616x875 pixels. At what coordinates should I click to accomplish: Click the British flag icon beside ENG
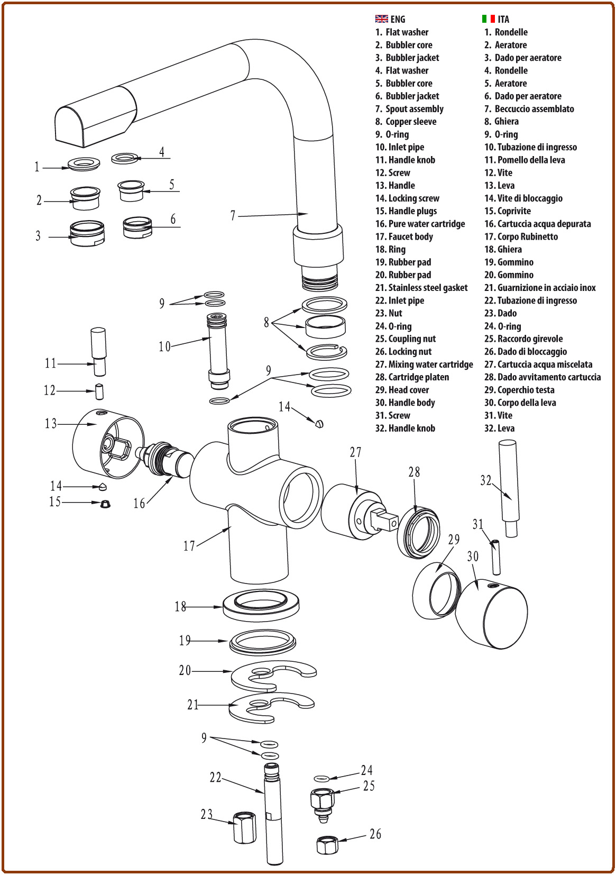pos(381,19)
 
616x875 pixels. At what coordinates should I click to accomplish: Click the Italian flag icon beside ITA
pos(488,19)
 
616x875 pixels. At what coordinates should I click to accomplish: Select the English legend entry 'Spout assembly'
pos(414,109)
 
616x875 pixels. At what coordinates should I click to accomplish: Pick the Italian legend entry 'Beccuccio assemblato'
pos(534,109)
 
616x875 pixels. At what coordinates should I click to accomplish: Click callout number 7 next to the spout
pos(233,215)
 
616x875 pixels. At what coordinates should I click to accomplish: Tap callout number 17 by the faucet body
pos(189,546)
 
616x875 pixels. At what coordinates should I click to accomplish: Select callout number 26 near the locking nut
pos(375,834)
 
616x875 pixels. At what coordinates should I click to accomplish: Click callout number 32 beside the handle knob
pos(486,480)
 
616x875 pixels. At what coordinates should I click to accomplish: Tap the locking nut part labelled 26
pos(327,844)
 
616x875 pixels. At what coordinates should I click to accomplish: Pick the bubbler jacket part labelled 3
pos(87,233)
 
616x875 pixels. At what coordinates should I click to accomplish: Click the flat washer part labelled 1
pos(84,164)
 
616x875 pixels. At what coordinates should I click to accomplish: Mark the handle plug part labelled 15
pos(105,503)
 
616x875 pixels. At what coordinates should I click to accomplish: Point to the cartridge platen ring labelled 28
pos(418,532)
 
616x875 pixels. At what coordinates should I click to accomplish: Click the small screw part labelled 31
pos(496,557)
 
